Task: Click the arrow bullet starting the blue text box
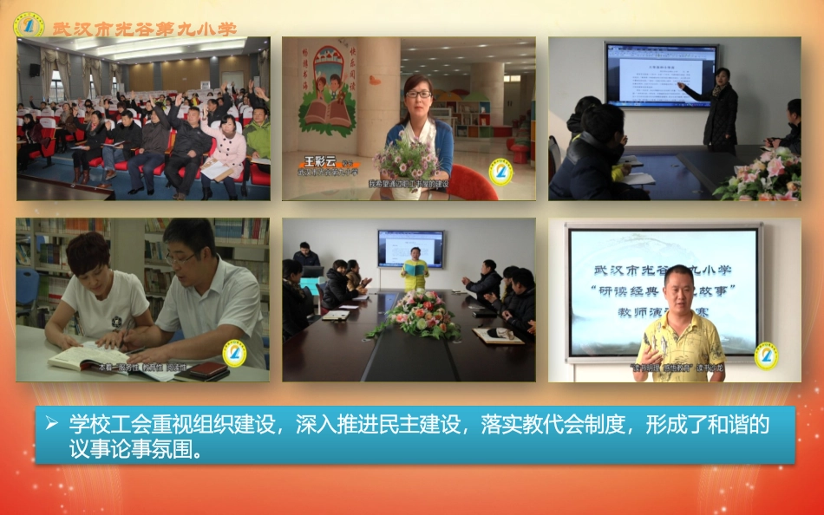(52, 423)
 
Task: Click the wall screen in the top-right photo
(661, 75)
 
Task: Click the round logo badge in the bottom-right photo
(765, 355)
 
